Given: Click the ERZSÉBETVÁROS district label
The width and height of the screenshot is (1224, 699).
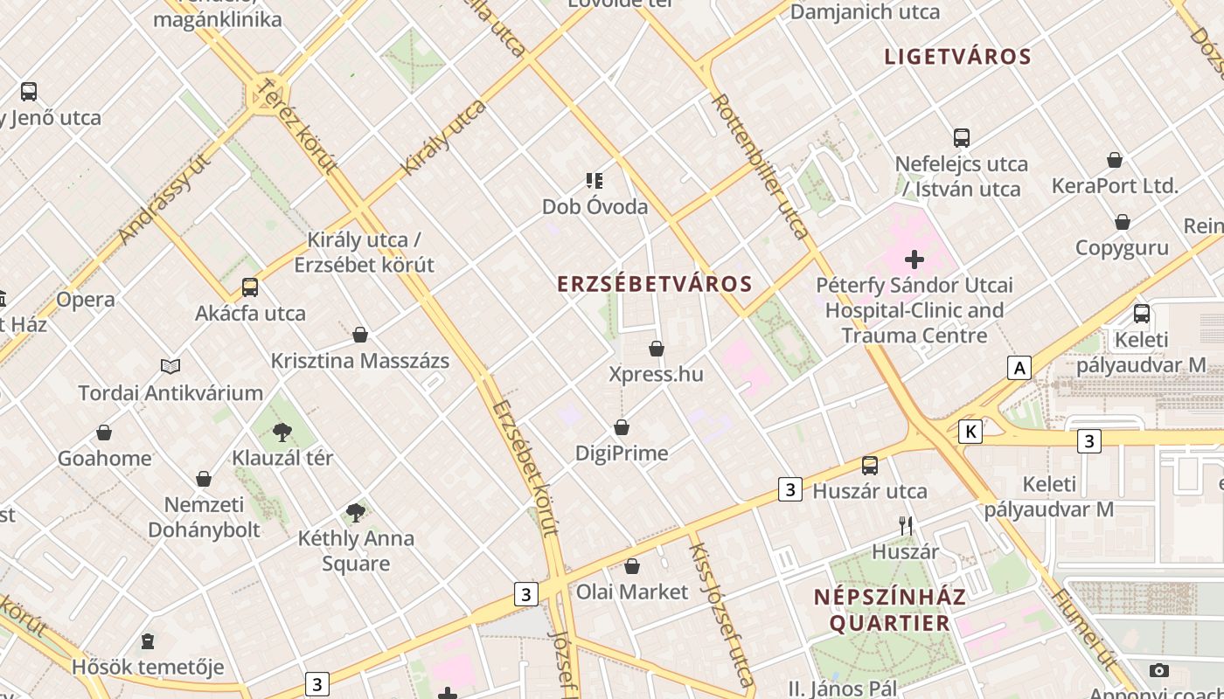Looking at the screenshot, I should tap(655, 284).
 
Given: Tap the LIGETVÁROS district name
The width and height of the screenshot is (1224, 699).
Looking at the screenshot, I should tap(957, 57).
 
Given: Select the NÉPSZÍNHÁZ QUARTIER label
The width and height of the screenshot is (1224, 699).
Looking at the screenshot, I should tap(889, 610).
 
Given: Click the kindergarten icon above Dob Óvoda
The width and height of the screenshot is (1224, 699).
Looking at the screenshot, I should tap(595, 181).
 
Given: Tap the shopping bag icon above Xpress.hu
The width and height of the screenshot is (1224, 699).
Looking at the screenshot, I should tap(657, 349).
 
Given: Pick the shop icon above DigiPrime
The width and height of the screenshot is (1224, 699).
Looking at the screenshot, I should tap(621, 427).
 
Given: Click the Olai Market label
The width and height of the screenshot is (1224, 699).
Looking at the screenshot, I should tap(631, 592).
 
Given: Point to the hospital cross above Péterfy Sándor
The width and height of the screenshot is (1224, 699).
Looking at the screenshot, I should tap(915, 260).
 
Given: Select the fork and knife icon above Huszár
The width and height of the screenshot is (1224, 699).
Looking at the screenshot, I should tap(906, 525).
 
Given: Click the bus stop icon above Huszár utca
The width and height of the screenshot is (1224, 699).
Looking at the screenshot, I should tap(870, 465).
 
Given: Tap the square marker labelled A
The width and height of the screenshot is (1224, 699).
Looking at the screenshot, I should tap(1019, 369).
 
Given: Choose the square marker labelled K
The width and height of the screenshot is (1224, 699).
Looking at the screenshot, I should tap(970, 432).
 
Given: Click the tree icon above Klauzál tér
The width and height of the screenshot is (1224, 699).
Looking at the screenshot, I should tap(282, 432).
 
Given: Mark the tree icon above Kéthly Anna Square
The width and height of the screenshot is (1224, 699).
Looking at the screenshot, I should tap(355, 512).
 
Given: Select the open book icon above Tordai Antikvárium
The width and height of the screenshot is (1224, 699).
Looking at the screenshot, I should tap(170, 367).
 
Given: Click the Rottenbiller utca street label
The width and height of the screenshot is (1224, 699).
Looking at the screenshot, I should tap(760, 166).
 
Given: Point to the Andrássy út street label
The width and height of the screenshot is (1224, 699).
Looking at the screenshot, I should tap(165, 199).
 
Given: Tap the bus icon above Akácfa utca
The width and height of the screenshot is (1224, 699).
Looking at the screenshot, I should tap(250, 287).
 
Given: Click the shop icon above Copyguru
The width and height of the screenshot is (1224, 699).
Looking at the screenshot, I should tap(1122, 222).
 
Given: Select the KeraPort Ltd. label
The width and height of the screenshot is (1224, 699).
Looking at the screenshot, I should tap(1115, 186).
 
